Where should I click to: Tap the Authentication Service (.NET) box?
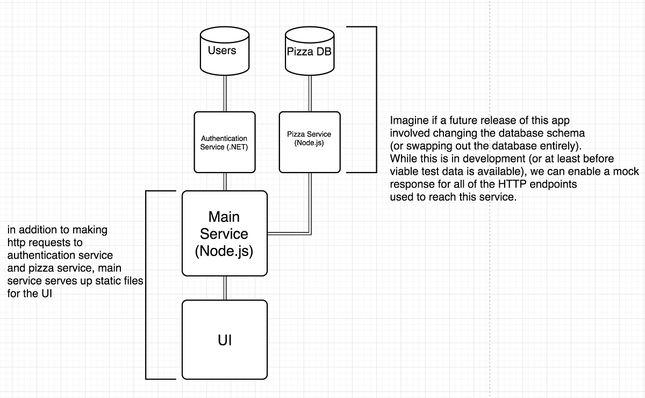click(x=224, y=142)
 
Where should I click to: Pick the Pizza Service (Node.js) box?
click(x=310, y=142)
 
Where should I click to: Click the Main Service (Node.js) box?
click(x=224, y=233)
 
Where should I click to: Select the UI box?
click(x=224, y=339)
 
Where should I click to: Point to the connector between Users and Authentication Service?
click(x=224, y=93)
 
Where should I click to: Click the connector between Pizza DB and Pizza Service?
click(x=310, y=93)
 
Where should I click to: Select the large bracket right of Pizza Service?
click(x=376, y=99)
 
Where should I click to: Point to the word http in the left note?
click(x=16, y=243)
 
